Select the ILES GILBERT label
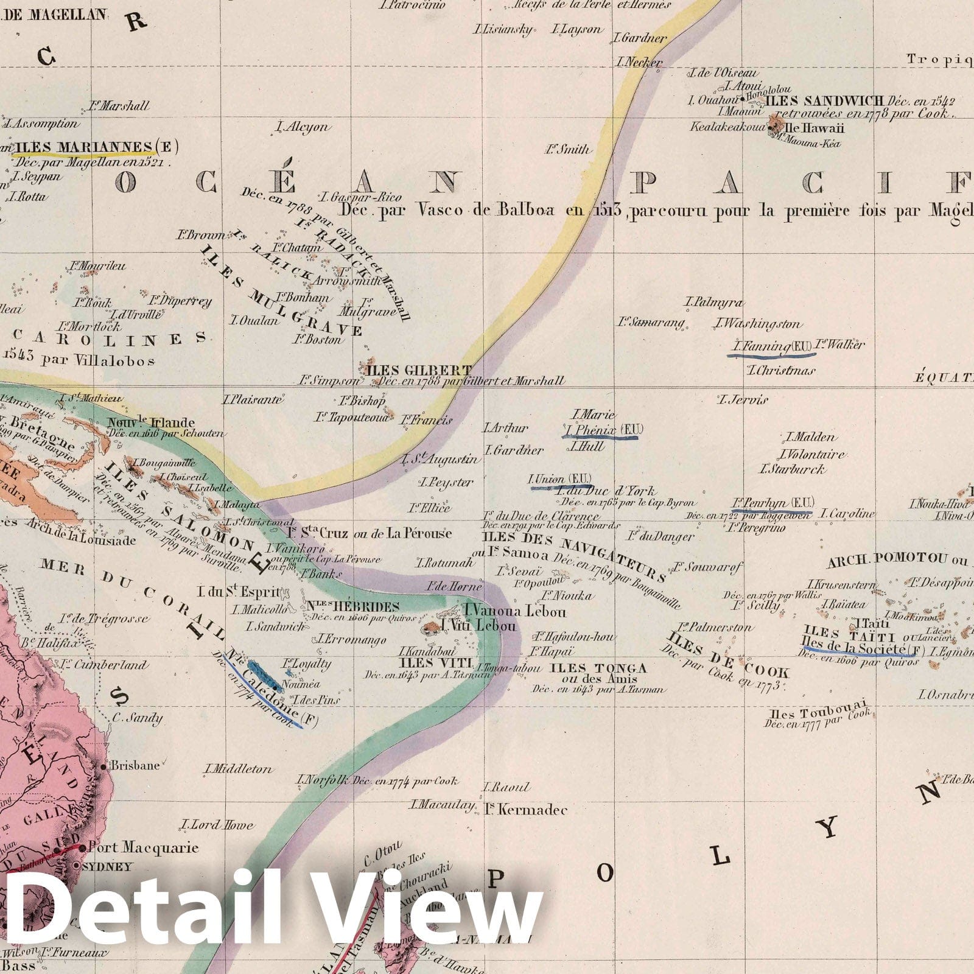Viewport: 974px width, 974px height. coord(418,370)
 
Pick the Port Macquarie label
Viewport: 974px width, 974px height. coord(144,847)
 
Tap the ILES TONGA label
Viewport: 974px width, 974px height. coord(598,668)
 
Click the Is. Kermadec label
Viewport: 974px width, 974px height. coord(526,810)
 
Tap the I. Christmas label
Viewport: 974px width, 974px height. coord(781,370)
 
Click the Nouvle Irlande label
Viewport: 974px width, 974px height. coord(151,422)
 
